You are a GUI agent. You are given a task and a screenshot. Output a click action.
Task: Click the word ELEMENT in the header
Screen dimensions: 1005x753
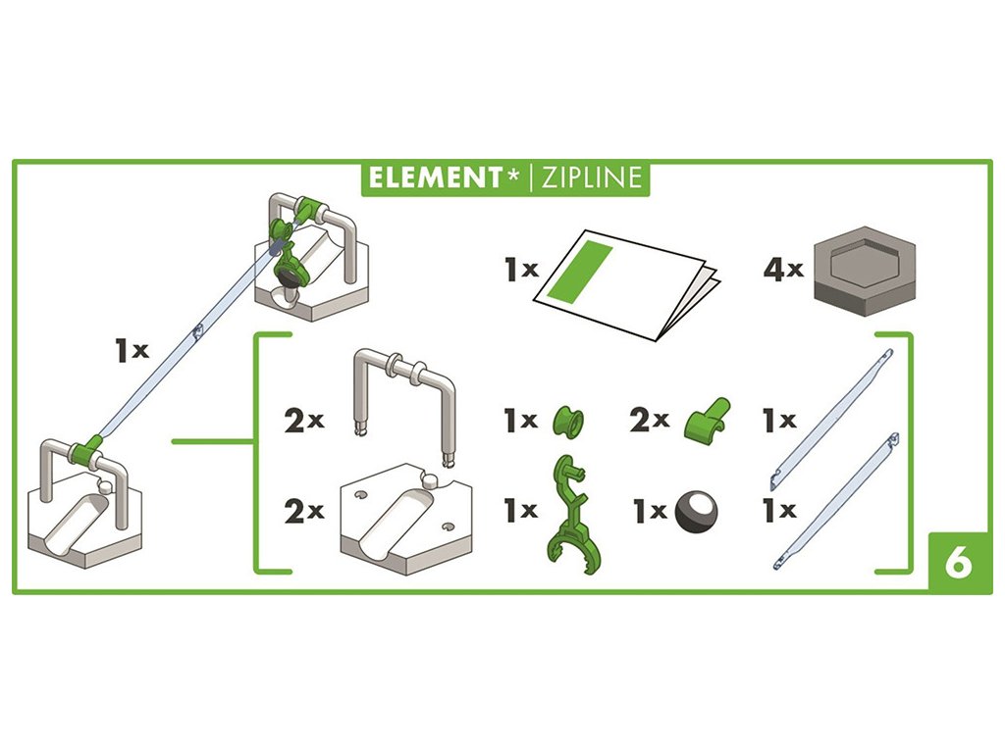pos(435,177)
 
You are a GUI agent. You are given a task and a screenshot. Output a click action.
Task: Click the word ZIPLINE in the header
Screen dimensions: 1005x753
pos(588,177)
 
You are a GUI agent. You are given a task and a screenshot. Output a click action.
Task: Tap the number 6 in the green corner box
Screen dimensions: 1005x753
pos(959,564)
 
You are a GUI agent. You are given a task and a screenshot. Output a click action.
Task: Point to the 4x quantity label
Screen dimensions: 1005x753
pos(783,270)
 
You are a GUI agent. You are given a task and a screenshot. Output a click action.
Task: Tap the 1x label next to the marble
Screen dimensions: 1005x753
pos(649,511)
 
